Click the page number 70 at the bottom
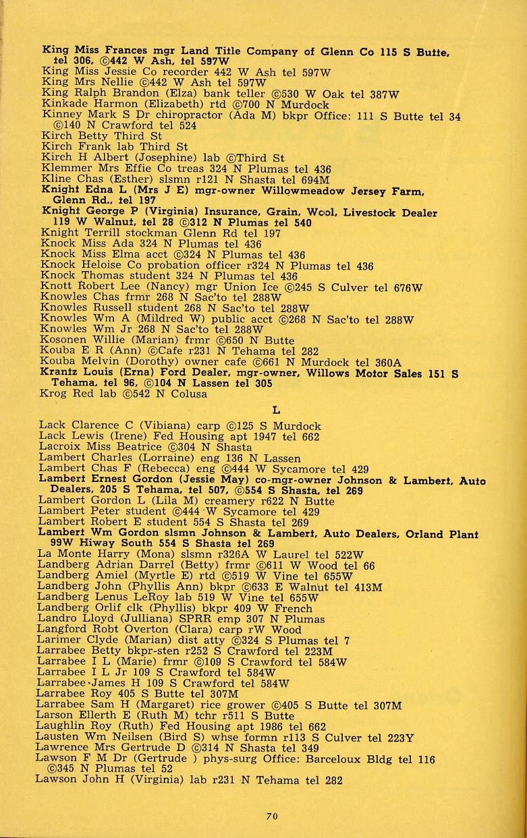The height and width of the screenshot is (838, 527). [x=271, y=816]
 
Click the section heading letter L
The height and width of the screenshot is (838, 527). [x=275, y=409]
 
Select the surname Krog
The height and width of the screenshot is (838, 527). [x=55, y=394]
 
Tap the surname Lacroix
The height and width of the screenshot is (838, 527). [x=62, y=447]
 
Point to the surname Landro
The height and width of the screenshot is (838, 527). [x=60, y=619]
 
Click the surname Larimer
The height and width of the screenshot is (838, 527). [x=63, y=640]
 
